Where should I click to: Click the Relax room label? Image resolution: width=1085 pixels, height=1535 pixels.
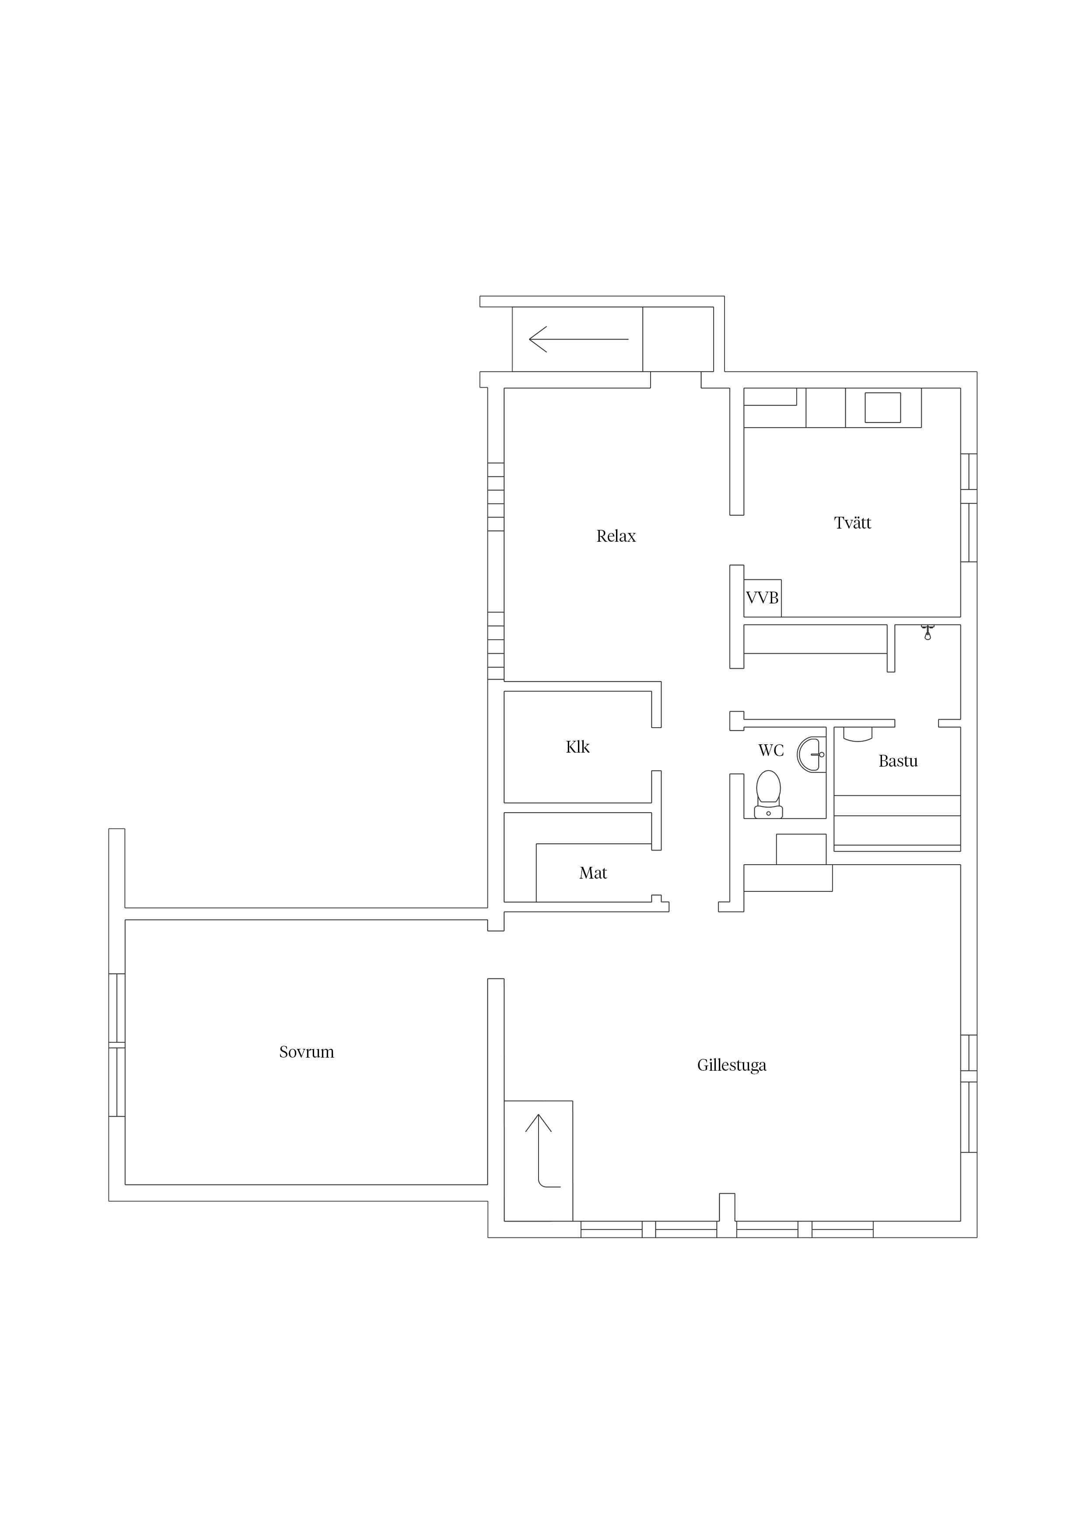click(x=616, y=536)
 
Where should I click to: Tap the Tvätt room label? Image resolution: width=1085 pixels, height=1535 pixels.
click(x=852, y=523)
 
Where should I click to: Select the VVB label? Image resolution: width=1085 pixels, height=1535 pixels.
click(x=762, y=598)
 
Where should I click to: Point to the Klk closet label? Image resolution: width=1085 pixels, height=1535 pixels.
click(x=577, y=747)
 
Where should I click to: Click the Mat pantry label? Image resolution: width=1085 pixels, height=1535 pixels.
click(x=593, y=873)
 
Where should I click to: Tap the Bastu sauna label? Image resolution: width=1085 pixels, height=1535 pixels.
click(x=898, y=761)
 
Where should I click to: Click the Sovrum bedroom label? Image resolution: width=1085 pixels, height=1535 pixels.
click(x=306, y=1052)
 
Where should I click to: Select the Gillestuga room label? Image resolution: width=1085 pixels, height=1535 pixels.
click(x=731, y=1065)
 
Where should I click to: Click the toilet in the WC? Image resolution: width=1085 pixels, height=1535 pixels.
click(x=769, y=794)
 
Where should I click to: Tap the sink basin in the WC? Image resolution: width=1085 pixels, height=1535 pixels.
click(x=812, y=755)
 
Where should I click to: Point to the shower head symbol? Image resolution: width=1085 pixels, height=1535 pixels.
click(x=927, y=632)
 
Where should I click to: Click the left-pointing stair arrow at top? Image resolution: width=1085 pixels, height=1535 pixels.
click(x=578, y=339)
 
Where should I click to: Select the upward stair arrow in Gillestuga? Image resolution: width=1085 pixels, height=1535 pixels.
click(x=539, y=1150)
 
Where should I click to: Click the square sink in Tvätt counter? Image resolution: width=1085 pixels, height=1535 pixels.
click(x=882, y=408)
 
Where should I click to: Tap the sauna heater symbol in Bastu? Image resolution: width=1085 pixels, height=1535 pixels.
click(x=857, y=735)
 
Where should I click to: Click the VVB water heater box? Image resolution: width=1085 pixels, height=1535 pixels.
click(x=763, y=598)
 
